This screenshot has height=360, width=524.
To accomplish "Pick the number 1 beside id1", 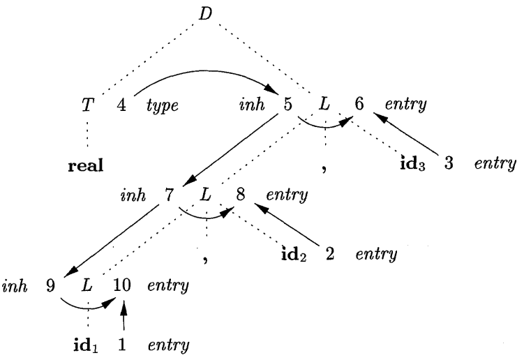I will tap(123, 345).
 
